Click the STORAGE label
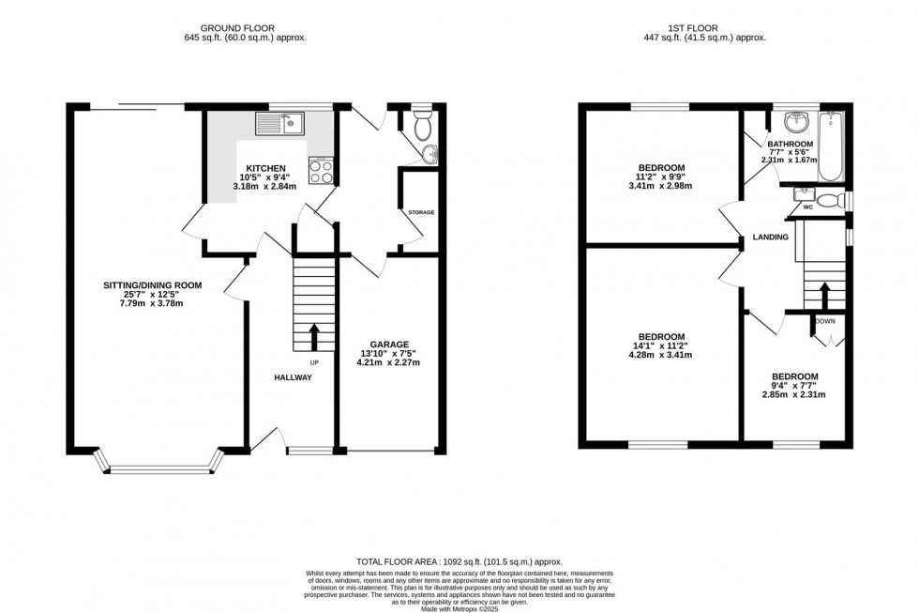pos(421,212)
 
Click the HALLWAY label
pos(294,377)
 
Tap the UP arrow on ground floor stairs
pos(313,335)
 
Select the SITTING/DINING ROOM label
pos(153,284)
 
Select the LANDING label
pos(770,237)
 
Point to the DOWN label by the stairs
pos(825,321)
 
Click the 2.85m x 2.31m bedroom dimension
pos(793,395)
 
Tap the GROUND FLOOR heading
pos(246,28)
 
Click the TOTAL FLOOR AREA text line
pos(459,561)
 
